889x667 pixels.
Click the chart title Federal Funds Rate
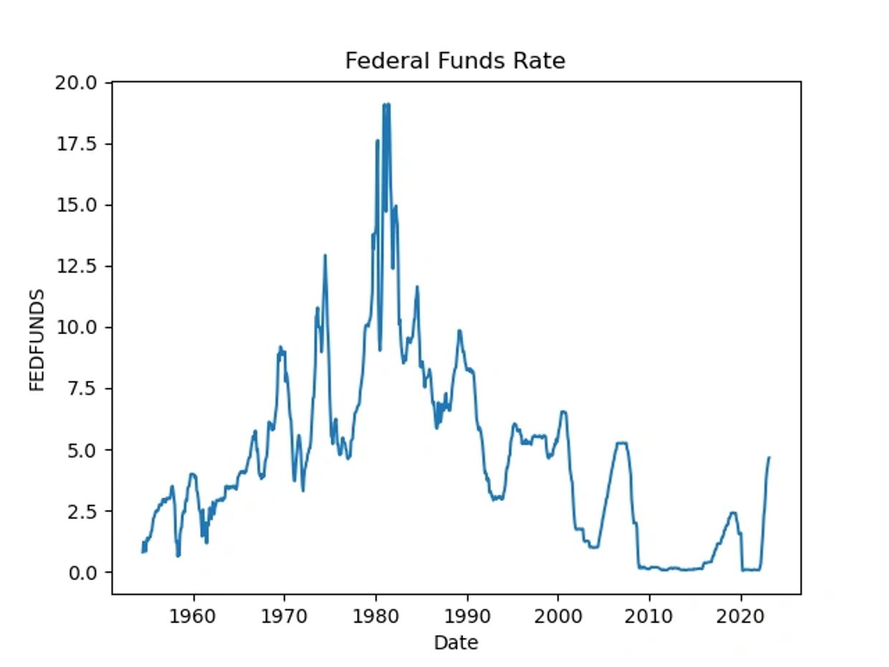[x=455, y=61]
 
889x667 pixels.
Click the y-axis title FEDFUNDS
[x=37, y=340]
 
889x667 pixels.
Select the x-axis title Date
[x=455, y=643]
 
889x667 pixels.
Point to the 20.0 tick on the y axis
[x=75, y=83]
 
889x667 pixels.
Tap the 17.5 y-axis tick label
[x=75, y=144]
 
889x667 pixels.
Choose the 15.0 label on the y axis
[x=75, y=205]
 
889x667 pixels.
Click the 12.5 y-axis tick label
[x=75, y=266]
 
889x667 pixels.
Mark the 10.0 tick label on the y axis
[x=75, y=327]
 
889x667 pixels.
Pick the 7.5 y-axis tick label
[x=80, y=389]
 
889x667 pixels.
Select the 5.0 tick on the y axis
[x=80, y=450]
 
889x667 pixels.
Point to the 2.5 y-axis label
[x=80, y=511]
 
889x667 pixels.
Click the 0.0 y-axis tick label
[x=80, y=572]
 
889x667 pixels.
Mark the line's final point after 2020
[x=769, y=458]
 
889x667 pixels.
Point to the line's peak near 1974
[x=325, y=255]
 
